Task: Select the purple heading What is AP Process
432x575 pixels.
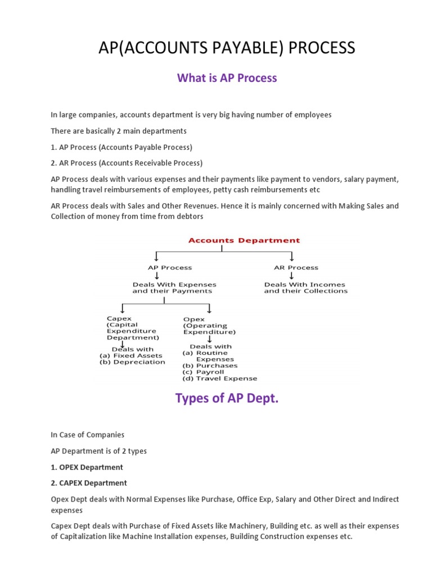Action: [227, 78]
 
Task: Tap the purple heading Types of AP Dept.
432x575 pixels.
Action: [227, 399]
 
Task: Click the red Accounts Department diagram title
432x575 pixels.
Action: [244, 240]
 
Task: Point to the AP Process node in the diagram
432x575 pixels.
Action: [170, 268]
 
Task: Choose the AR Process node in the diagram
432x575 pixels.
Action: [296, 268]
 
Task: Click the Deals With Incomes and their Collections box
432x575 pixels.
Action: [305, 287]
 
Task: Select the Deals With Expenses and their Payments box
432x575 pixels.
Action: [174, 287]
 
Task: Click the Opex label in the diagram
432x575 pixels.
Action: [193, 319]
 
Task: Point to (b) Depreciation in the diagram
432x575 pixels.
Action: [132, 362]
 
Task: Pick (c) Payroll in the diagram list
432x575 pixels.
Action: [203, 372]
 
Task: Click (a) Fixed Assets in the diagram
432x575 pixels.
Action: [130, 355]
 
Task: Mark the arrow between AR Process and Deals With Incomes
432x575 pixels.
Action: [292, 276]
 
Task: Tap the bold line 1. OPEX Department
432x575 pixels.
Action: [87, 467]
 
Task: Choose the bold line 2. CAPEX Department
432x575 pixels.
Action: [89, 483]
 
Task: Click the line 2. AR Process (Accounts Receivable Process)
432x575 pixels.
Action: [127, 163]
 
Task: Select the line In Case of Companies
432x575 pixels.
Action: [87, 435]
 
